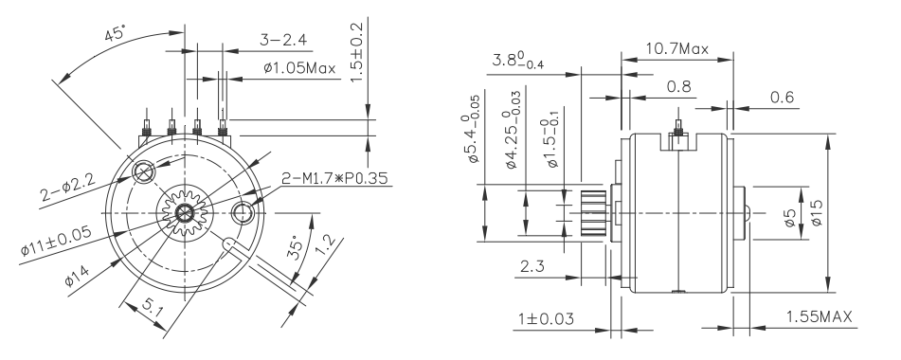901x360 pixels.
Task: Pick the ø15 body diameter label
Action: coord(815,212)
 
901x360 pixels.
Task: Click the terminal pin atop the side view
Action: coord(678,124)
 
